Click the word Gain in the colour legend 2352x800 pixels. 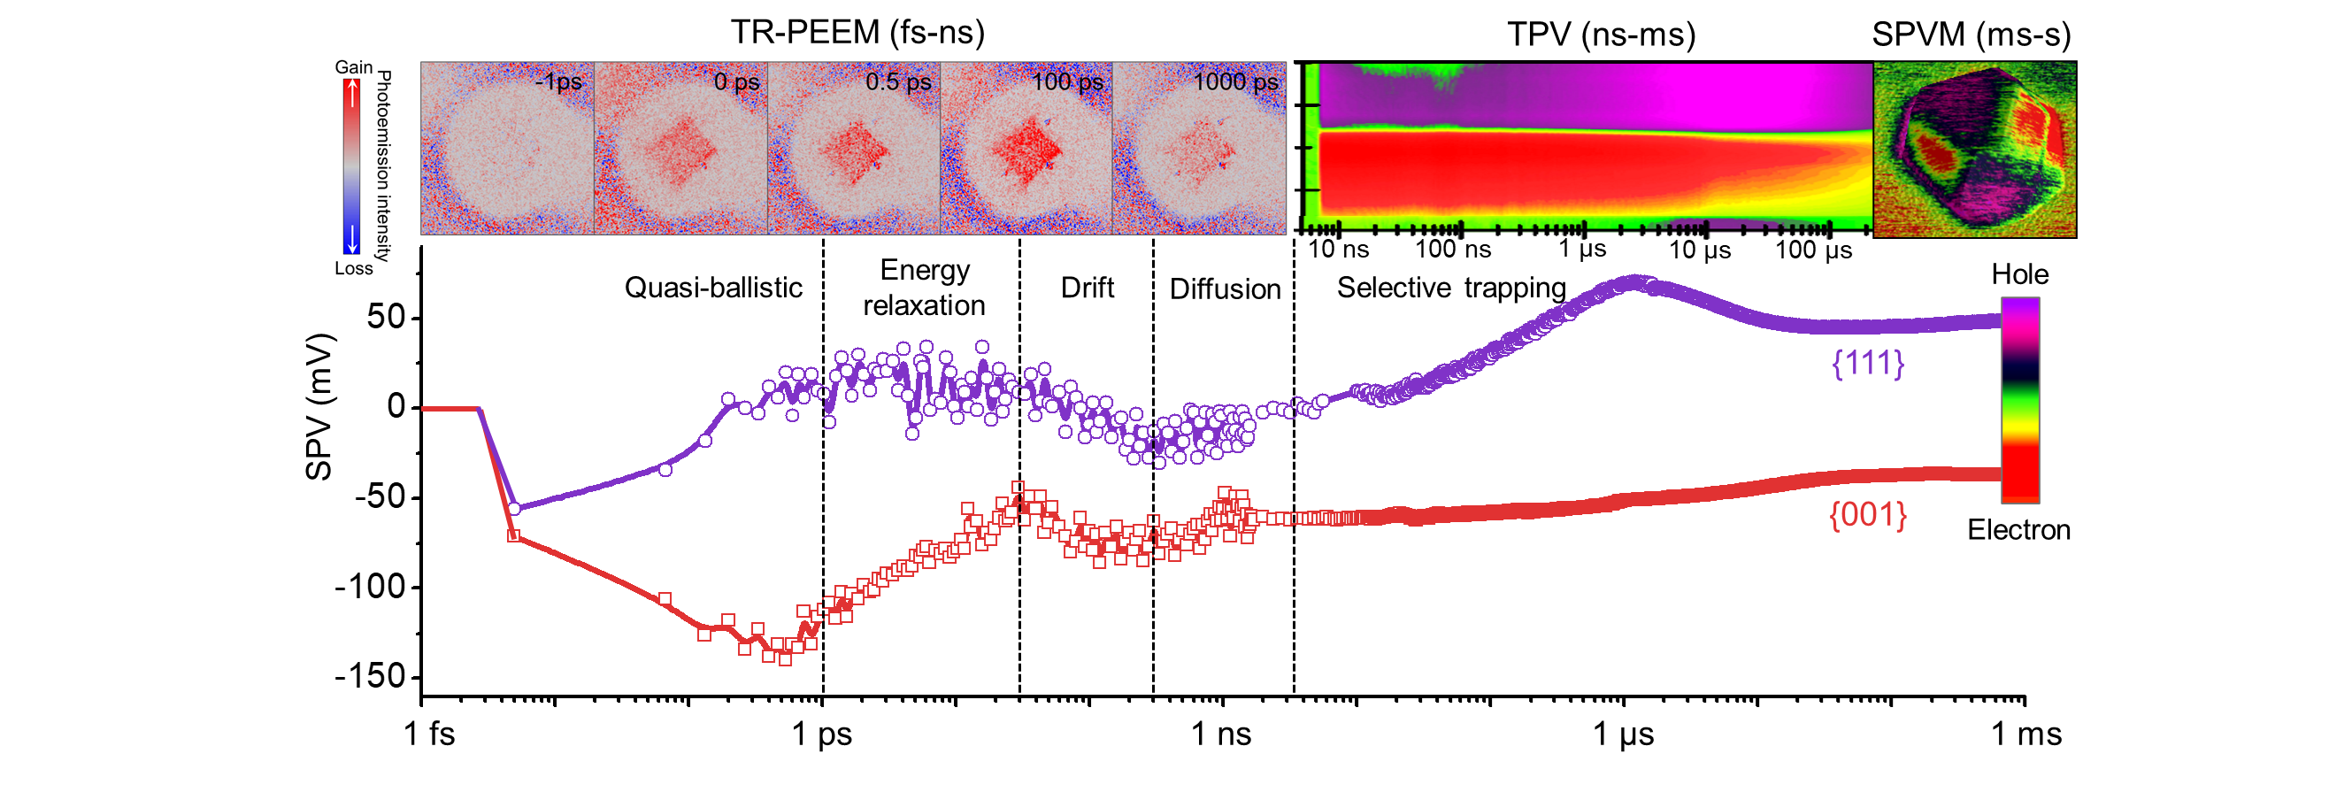tap(353, 67)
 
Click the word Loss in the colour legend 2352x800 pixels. tap(353, 268)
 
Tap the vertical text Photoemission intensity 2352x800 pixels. tap(384, 166)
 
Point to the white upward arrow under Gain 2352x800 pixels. tap(352, 94)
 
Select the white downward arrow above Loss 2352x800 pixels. tap(351, 239)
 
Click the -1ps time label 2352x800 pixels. tap(557, 82)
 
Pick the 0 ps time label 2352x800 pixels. tap(736, 82)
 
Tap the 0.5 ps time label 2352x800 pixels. tap(897, 82)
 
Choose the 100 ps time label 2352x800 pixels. tap(1066, 82)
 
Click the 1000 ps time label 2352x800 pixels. tap(1234, 82)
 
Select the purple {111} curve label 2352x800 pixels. tap(1867, 364)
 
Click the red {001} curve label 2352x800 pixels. tap(1867, 515)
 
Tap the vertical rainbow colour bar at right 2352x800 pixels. tap(2019, 400)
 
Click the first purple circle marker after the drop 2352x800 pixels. tap(514, 509)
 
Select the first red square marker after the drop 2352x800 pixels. tap(514, 536)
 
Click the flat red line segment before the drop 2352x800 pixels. tap(450, 409)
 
